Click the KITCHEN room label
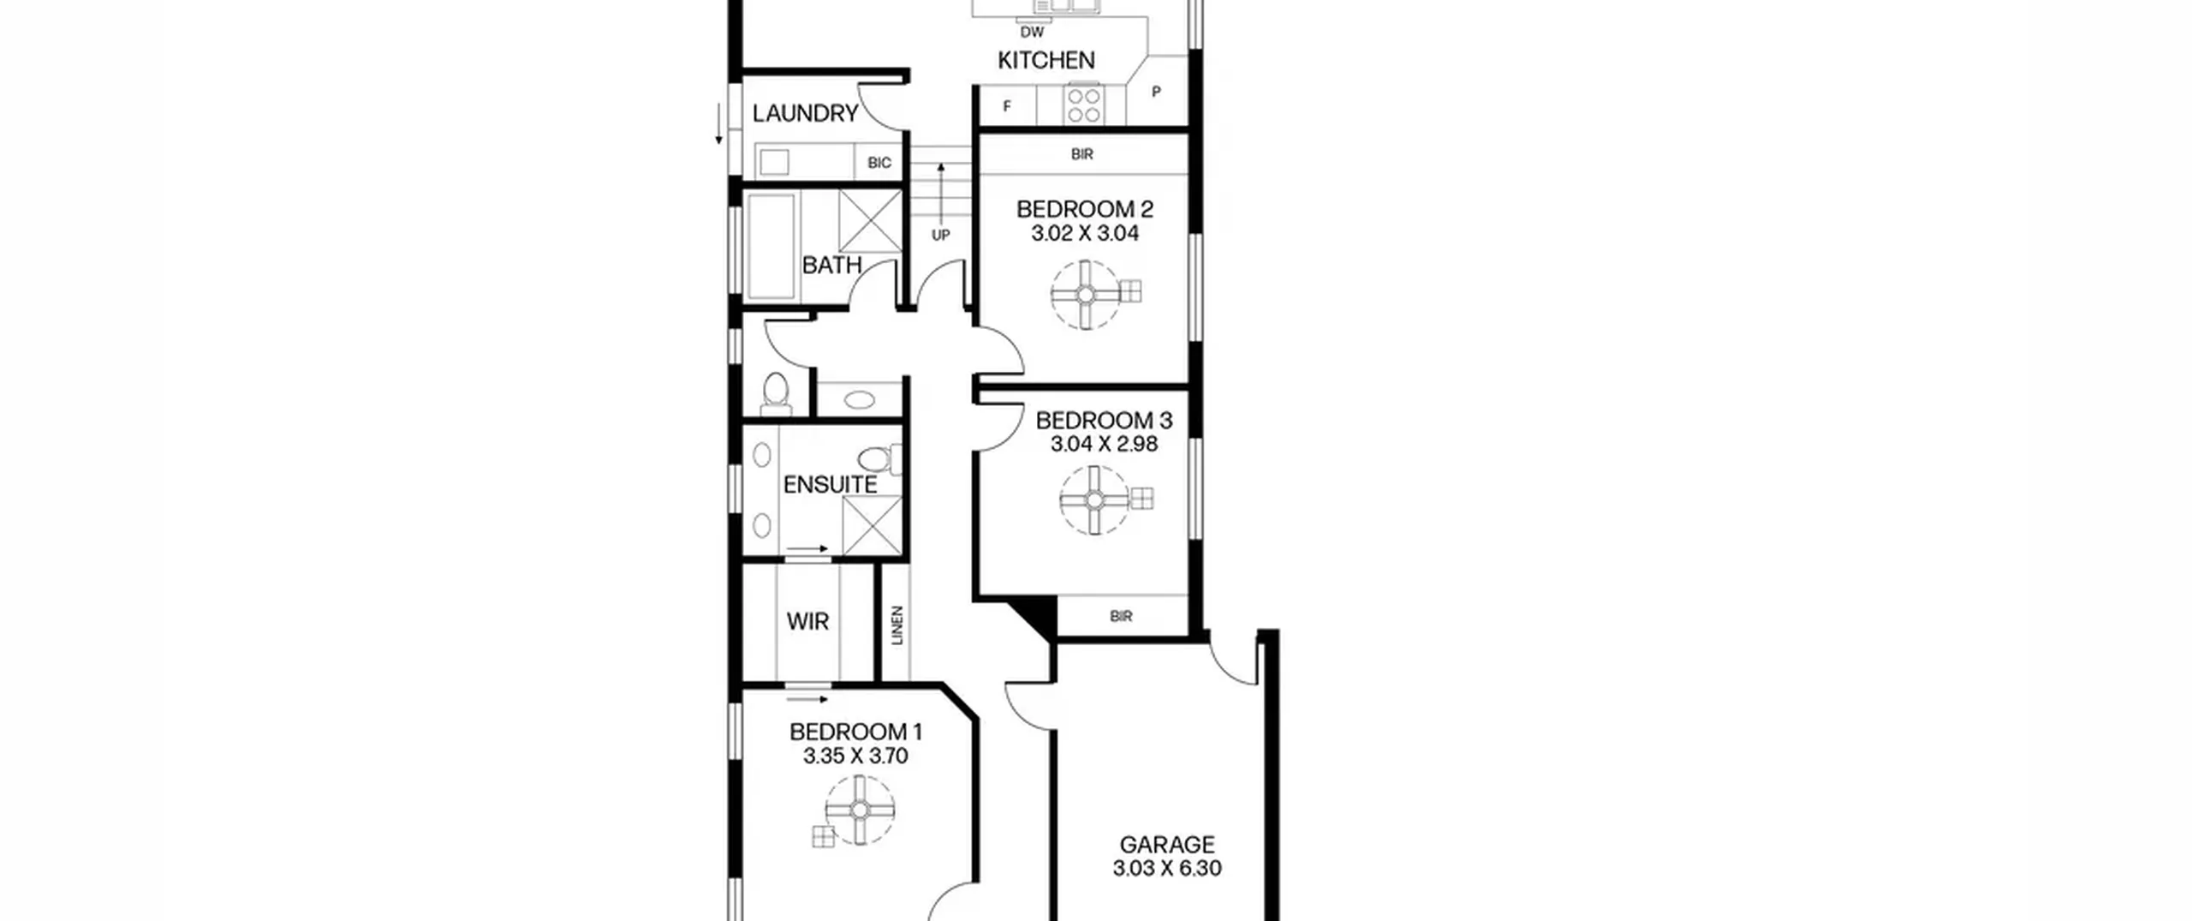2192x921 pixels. (x=1045, y=60)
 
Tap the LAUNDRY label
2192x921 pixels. (x=805, y=113)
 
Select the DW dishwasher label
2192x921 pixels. (x=1032, y=33)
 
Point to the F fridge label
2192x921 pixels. (x=1007, y=107)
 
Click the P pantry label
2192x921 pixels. (x=1156, y=92)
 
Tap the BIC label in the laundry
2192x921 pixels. (x=879, y=163)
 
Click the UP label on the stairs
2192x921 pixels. (x=940, y=235)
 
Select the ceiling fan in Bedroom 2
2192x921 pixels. (x=1086, y=295)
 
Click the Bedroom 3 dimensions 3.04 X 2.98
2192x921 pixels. (x=1104, y=444)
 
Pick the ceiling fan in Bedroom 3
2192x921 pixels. (x=1094, y=499)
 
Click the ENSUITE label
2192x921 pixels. (x=830, y=485)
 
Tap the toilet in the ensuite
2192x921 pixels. (x=879, y=459)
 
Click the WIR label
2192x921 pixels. (x=807, y=621)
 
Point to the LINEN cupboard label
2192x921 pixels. (x=897, y=625)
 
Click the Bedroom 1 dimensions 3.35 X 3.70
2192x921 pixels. (x=855, y=756)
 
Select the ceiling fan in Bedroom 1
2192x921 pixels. (x=861, y=810)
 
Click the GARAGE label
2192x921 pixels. (x=1167, y=845)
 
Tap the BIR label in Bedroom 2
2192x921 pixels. (x=1082, y=154)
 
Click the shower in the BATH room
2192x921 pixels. (x=871, y=222)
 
